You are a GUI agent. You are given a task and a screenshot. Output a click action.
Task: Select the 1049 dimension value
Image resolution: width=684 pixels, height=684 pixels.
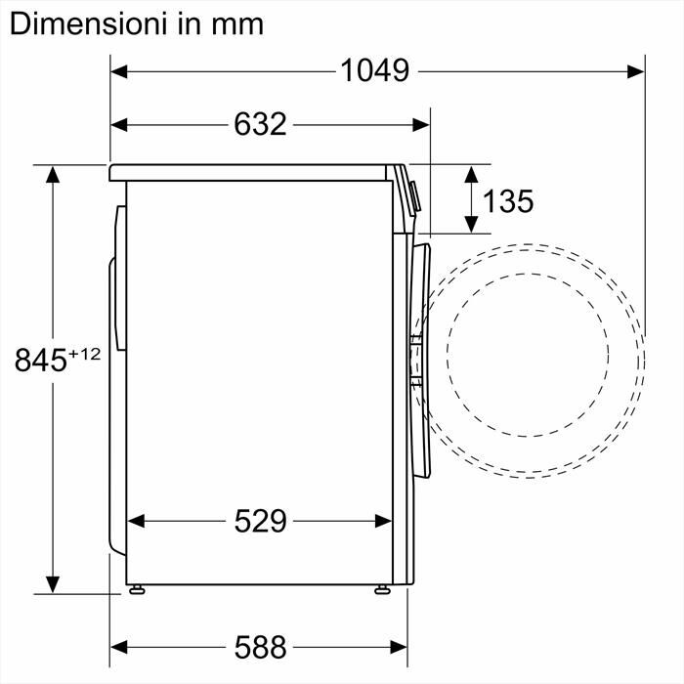tap(374, 70)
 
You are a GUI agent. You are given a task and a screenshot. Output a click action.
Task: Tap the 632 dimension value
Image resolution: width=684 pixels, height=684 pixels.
tap(260, 124)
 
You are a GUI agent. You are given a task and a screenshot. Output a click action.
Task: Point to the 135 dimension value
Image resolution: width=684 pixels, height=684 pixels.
tap(508, 201)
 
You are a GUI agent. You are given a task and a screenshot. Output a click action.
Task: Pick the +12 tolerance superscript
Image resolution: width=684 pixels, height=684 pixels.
tap(84, 354)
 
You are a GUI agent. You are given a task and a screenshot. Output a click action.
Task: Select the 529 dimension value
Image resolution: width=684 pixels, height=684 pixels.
tap(260, 522)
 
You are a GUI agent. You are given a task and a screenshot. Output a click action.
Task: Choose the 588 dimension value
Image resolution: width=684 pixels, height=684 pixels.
tap(260, 646)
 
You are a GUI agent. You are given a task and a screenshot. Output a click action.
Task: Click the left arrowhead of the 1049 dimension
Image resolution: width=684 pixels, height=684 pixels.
tap(118, 70)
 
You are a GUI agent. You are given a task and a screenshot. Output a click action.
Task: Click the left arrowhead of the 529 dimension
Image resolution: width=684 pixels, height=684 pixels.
tap(138, 522)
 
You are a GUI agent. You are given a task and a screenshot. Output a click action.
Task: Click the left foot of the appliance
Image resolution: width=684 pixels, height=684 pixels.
tap(138, 589)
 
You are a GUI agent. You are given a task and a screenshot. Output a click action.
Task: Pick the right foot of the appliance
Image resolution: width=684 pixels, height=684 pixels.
tap(381, 589)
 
